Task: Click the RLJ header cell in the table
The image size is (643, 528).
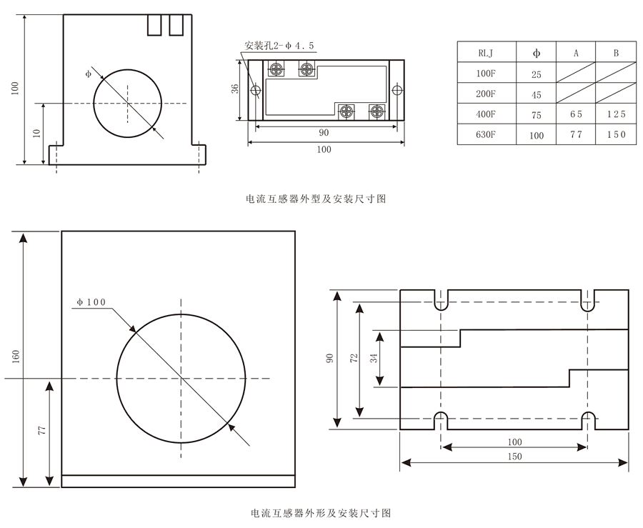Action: click(x=486, y=52)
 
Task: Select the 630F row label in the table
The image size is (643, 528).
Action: click(x=486, y=134)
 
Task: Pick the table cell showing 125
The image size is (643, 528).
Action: click(x=616, y=114)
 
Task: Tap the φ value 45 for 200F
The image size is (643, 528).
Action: click(x=537, y=94)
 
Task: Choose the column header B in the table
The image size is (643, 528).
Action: click(x=616, y=52)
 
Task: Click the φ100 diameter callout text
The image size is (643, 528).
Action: click(x=91, y=302)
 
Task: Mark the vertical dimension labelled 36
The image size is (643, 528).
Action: click(x=235, y=89)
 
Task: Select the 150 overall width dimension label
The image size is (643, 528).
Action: click(x=514, y=457)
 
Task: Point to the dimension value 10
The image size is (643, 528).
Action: click(x=36, y=134)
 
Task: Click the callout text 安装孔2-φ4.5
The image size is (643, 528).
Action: click(x=279, y=46)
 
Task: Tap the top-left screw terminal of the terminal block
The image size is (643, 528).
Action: click(x=276, y=69)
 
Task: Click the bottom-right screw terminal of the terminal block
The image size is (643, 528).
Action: click(x=375, y=111)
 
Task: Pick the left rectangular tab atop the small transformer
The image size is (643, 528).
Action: click(x=153, y=25)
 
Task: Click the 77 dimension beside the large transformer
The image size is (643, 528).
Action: click(x=41, y=430)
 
